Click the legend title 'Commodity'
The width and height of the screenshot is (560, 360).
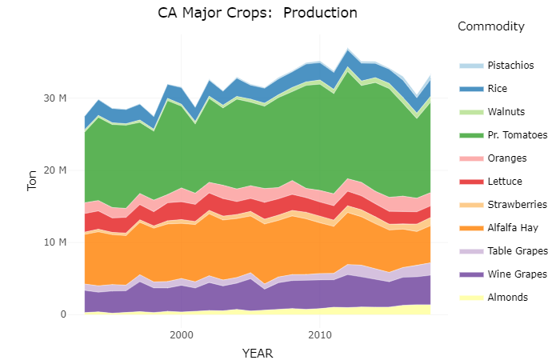pos(490,27)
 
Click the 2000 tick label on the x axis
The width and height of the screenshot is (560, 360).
pos(182,333)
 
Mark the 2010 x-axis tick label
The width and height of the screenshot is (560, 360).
pos(320,333)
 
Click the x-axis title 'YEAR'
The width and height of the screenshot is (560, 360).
pos(258,352)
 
